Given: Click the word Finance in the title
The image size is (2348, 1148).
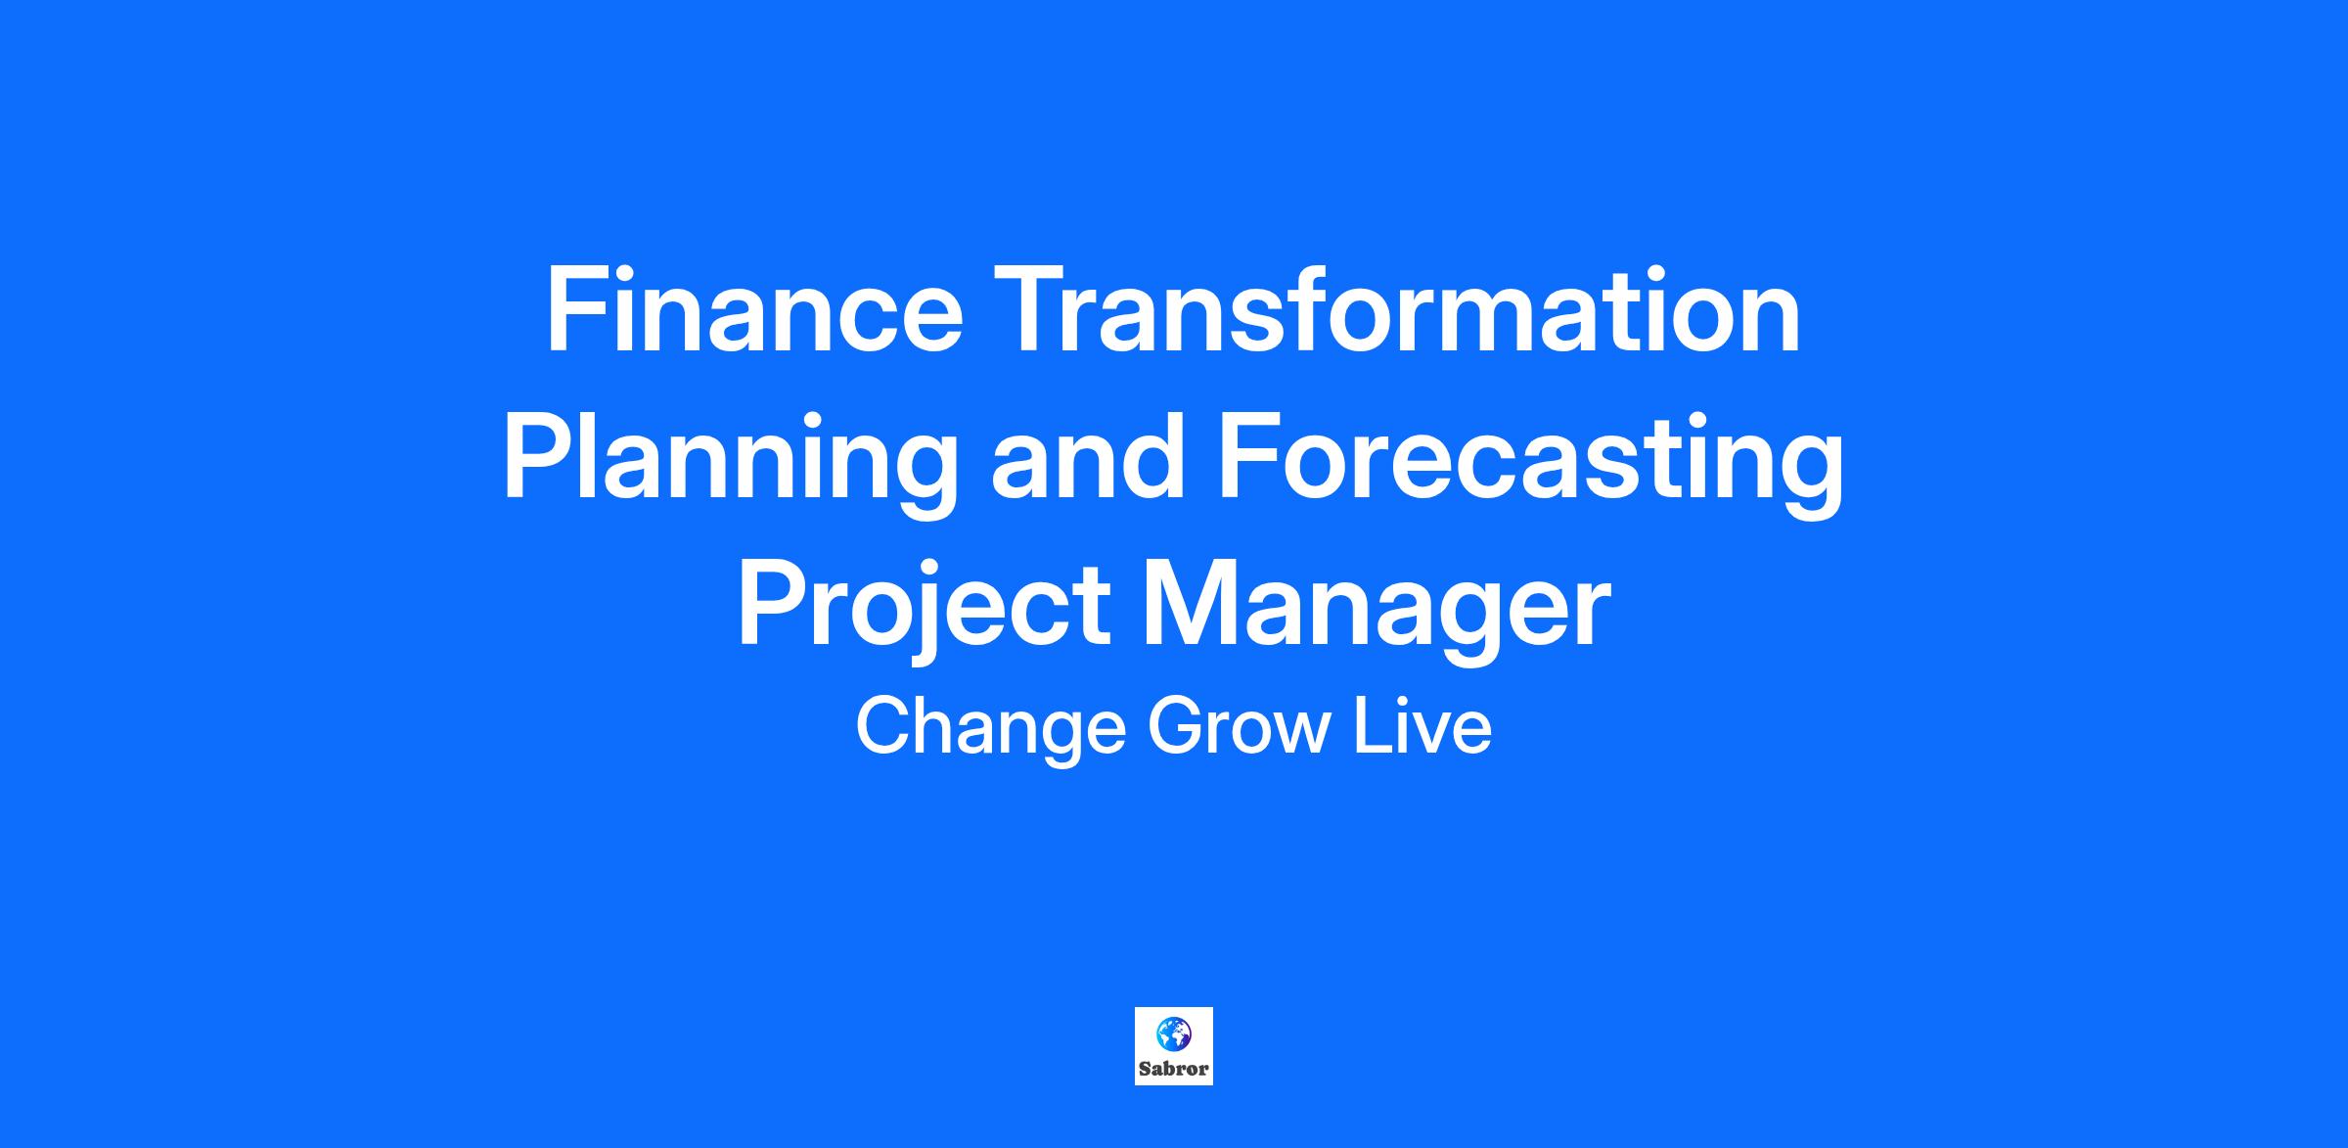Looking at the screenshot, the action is [754, 308].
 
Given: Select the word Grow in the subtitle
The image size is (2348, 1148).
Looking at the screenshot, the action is [1241, 726].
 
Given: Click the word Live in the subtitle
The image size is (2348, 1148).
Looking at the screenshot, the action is [1423, 726].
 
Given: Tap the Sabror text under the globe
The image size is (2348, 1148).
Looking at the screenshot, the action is [1174, 1069].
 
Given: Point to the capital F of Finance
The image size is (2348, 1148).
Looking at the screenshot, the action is [576, 308].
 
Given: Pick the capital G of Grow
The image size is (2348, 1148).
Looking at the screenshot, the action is [1177, 726].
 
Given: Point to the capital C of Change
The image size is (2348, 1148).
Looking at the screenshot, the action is [884, 726].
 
